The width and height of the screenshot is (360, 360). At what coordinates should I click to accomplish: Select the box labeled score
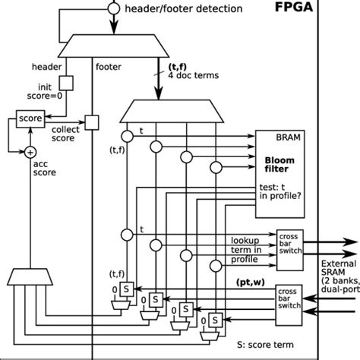click(27, 119)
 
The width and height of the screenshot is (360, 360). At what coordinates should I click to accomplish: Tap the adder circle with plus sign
click(31, 151)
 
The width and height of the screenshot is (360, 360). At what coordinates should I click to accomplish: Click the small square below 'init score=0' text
click(65, 80)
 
